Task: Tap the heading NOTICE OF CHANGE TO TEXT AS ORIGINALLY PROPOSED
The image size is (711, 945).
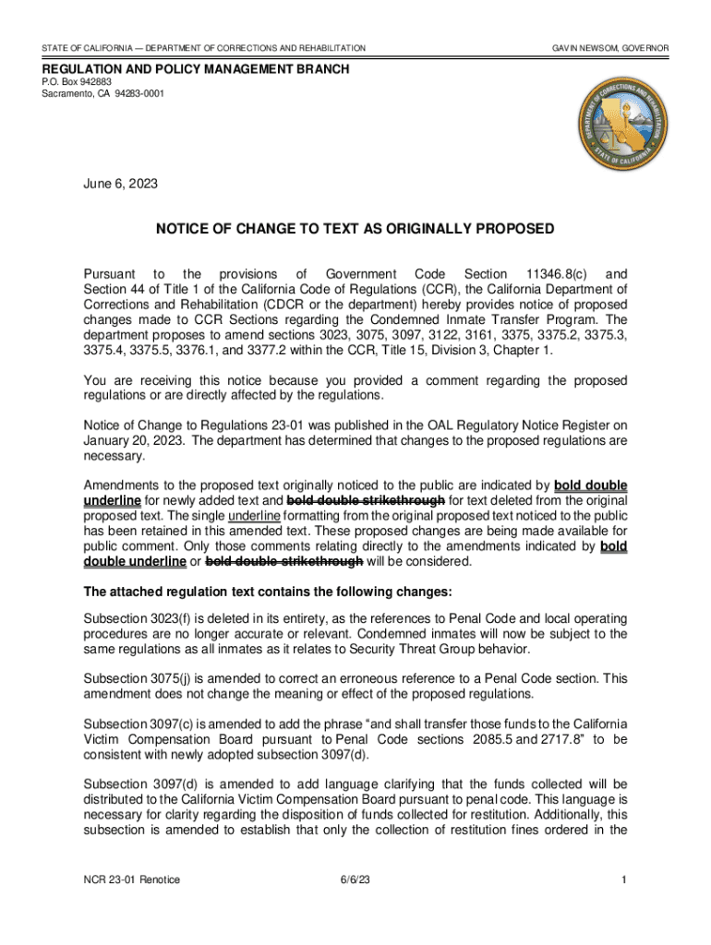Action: (x=355, y=229)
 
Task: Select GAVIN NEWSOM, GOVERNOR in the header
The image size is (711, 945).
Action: (x=610, y=47)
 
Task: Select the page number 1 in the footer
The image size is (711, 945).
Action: (x=624, y=879)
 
